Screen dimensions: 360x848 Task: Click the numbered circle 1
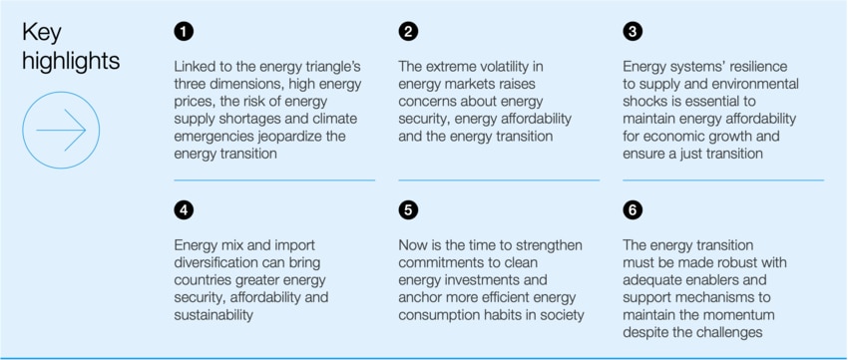(183, 32)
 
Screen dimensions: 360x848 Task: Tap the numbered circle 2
(408, 32)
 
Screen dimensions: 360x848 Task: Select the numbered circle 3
(633, 32)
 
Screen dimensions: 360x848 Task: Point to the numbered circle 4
(183, 210)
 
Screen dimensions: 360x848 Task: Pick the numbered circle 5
(408, 210)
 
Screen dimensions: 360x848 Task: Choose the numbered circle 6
(633, 210)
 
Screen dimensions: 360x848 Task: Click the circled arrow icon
(61, 130)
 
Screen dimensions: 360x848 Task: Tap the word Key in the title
(42, 33)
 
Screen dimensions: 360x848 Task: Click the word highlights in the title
(70, 61)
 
